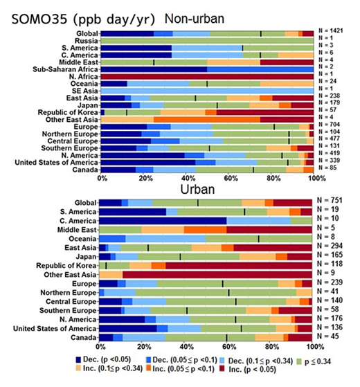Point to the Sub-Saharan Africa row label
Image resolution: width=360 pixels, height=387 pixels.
pyautogui.click(x=61, y=69)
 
